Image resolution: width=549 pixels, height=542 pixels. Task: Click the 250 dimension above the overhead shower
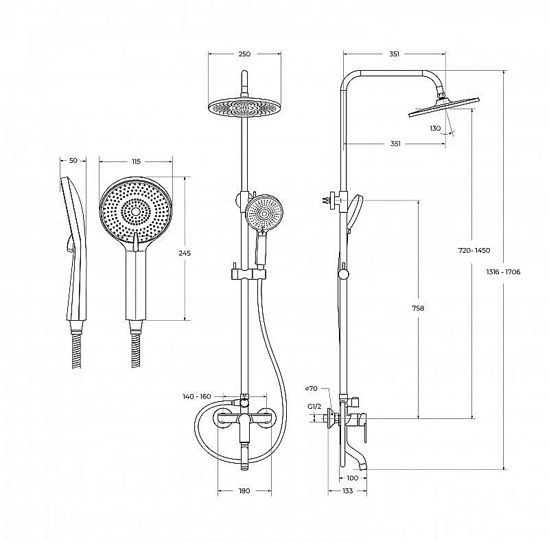[244, 54]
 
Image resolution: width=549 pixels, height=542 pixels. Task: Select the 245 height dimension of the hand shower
[185, 253]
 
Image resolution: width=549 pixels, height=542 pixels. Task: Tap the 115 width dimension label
[136, 161]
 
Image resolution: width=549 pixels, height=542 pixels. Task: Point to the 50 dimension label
[73, 161]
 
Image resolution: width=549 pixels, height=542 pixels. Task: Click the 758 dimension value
[418, 308]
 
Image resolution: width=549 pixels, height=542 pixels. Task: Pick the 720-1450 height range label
[474, 250]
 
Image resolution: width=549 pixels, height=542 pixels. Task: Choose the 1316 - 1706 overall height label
[503, 272]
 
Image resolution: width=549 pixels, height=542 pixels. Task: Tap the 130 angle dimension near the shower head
[435, 128]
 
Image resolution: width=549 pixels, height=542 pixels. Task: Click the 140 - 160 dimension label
[197, 396]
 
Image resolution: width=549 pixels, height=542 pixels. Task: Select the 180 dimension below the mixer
[244, 490]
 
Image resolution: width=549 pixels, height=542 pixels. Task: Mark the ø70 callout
[312, 388]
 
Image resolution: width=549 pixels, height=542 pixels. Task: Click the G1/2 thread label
[314, 407]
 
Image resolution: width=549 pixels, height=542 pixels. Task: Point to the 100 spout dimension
[353, 478]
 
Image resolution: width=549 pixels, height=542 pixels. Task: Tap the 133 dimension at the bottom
[347, 490]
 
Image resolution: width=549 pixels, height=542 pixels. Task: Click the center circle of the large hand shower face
[136, 211]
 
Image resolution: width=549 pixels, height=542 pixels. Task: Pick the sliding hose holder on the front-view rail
[248, 275]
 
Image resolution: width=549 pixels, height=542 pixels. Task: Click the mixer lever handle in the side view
[364, 428]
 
